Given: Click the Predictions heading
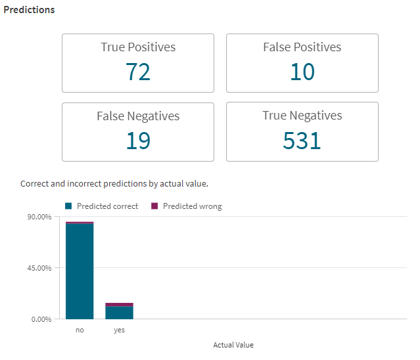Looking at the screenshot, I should point(29,11).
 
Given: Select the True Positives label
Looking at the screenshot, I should point(138,47).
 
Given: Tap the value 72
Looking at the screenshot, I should point(138,72).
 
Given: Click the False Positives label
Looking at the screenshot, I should point(302,47).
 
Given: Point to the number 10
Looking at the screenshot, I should point(302,72).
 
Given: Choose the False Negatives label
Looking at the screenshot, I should point(138,116).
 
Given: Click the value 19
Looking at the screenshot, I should point(138,141).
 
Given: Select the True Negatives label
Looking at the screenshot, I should point(302,116).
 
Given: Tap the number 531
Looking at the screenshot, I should point(302,141).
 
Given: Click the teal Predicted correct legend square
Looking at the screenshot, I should point(68,206).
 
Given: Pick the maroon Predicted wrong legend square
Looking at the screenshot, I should point(155,206).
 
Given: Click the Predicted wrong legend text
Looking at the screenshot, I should point(192,206).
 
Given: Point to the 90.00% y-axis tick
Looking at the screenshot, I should point(39,217).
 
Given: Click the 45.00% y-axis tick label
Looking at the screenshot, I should point(39,268).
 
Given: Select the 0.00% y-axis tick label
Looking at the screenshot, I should point(41,319).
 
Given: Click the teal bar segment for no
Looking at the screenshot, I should point(80,271).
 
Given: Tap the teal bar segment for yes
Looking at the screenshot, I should point(120,313).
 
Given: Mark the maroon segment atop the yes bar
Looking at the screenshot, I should point(120,305).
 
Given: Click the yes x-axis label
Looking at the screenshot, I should point(119,330).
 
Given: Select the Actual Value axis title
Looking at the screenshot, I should point(233,345).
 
